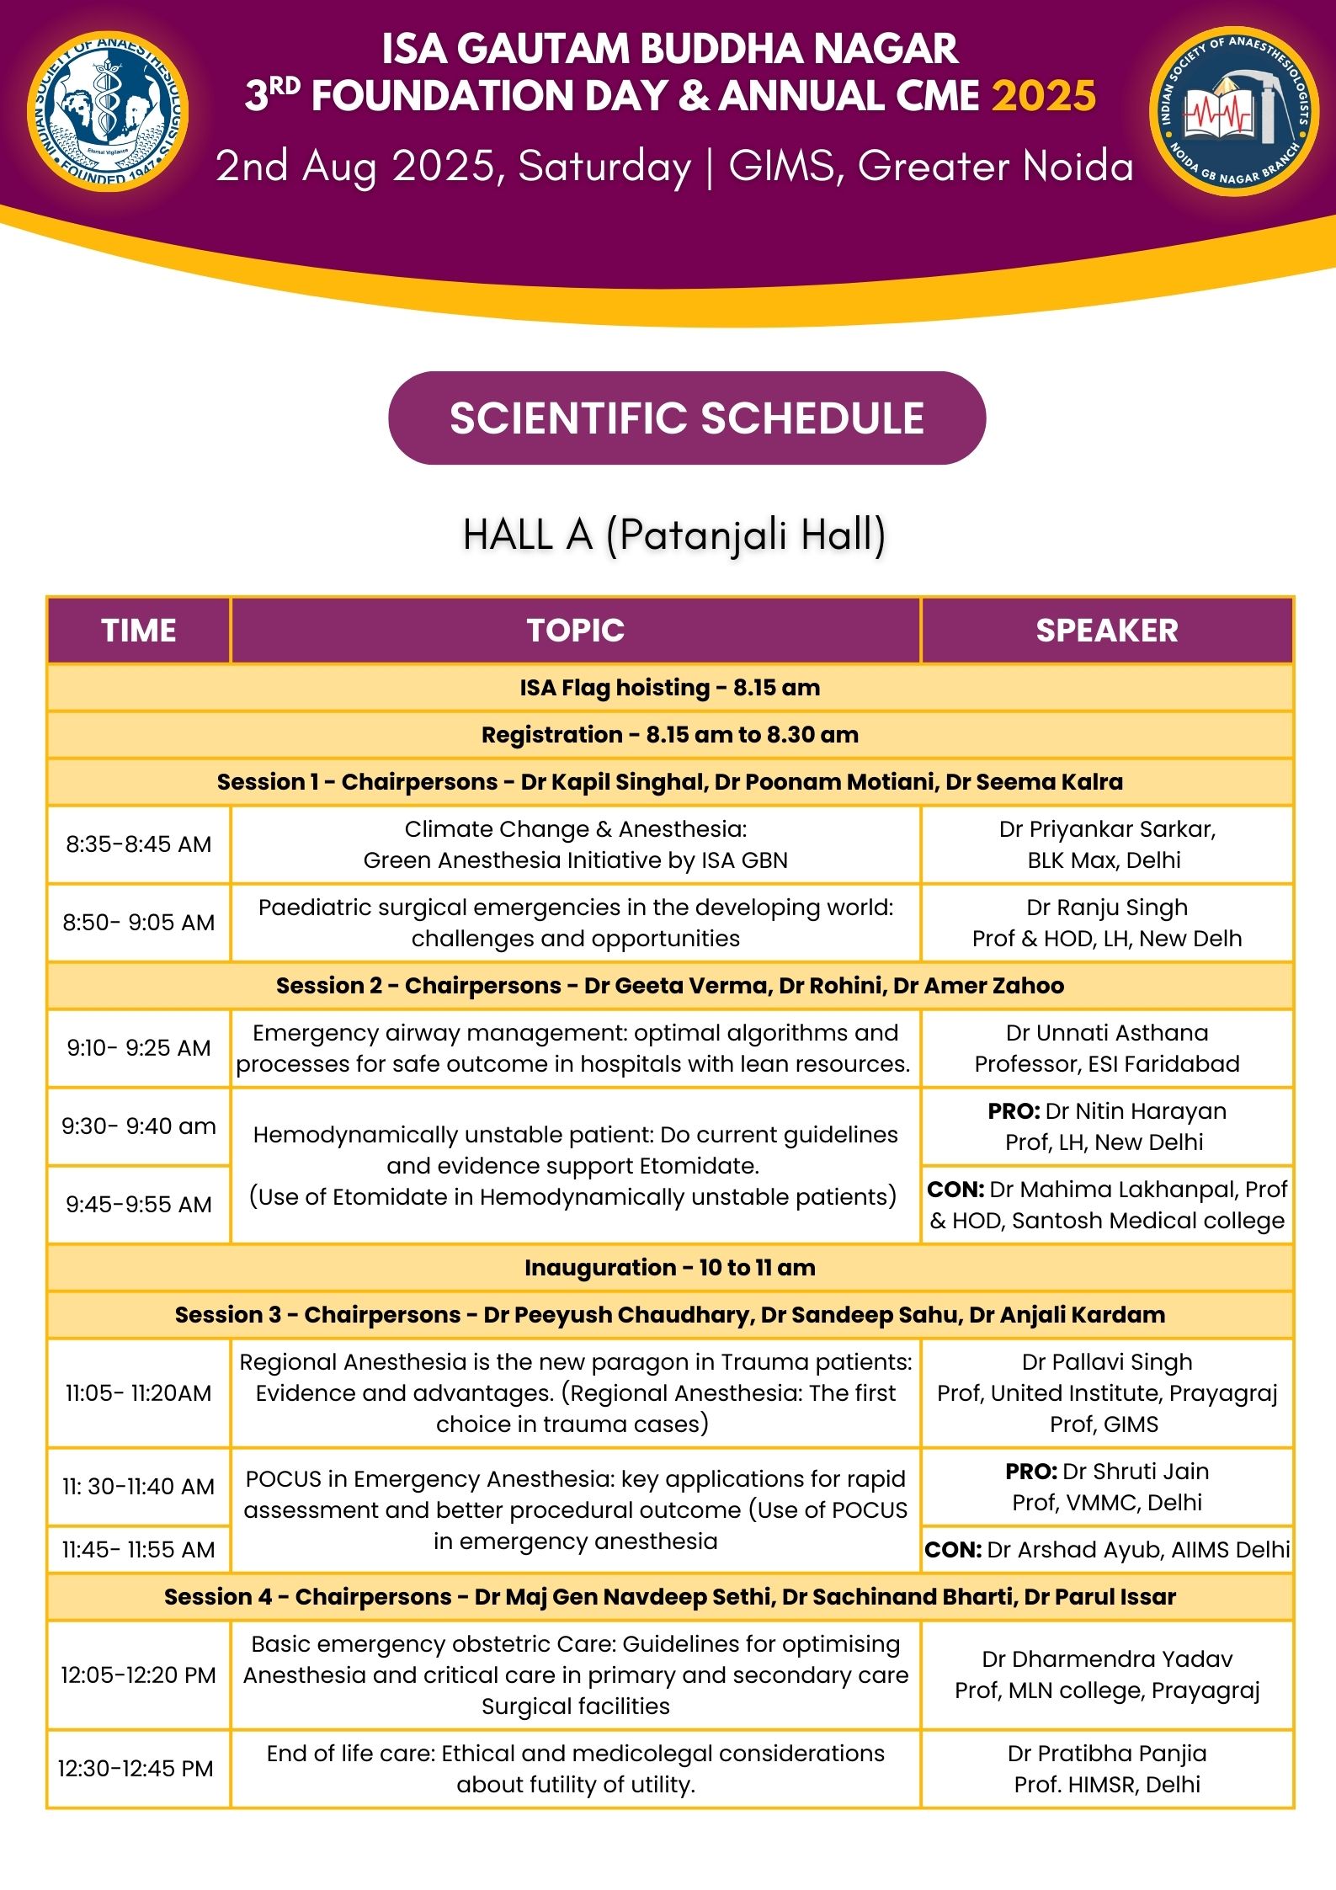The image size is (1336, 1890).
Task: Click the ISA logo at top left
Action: (x=108, y=111)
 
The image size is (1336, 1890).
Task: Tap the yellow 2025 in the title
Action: (x=1044, y=96)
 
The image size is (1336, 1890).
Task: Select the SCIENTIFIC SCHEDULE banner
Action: (x=686, y=418)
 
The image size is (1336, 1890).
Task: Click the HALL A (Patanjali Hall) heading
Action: (x=673, y=535)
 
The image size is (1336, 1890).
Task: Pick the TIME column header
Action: (x=139, y=631)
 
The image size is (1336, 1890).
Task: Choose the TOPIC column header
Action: (x=576, y=631)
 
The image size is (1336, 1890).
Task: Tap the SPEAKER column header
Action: (x=1106, y=631)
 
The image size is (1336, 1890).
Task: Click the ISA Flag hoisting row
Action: (x=669, y=688)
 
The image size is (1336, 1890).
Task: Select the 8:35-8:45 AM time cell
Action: (x=139, y=844)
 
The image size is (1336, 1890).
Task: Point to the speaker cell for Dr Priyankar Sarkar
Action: (x=1106, y=844)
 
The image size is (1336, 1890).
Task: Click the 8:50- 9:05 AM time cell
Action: (x=139, y=923)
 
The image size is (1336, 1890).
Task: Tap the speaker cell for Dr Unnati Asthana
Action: (x=1106, y=1048)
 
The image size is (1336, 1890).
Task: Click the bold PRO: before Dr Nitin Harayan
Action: (x=1014, y=1111)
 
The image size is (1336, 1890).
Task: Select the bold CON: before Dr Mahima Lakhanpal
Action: (x=955, y=1190)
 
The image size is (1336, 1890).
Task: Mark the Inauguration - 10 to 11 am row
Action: (x=669, y=1268)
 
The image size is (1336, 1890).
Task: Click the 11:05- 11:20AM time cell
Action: (x=139, y=1393)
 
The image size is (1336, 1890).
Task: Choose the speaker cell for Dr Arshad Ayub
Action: (x=1106, y=1550)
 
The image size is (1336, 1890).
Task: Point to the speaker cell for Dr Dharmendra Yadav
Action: (x=1106, y=1675)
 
